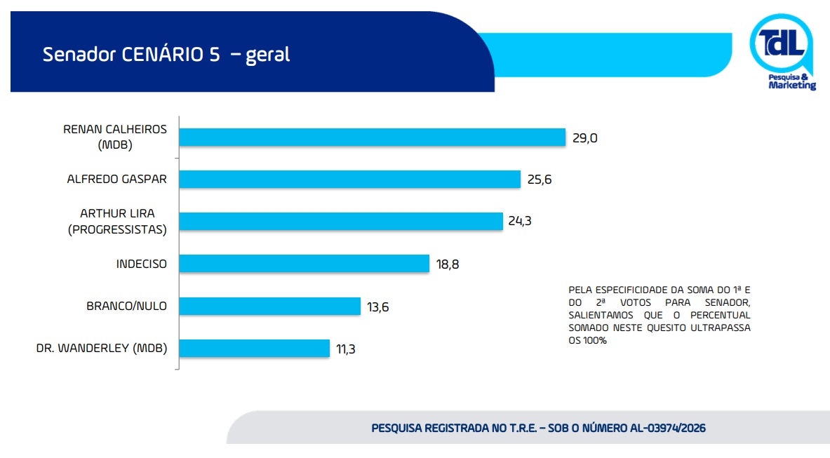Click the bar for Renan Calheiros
372,137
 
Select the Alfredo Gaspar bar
349,180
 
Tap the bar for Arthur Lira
341,222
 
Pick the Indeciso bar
304,264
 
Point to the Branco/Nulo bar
269,306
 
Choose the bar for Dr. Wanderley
254,348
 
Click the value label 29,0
584,138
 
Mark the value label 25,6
540,180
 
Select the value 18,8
448,264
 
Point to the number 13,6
378,307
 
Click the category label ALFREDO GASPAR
117,179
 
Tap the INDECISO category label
142,264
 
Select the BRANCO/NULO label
127,306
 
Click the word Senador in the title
77,55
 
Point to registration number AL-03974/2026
667,428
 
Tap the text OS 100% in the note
587,341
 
